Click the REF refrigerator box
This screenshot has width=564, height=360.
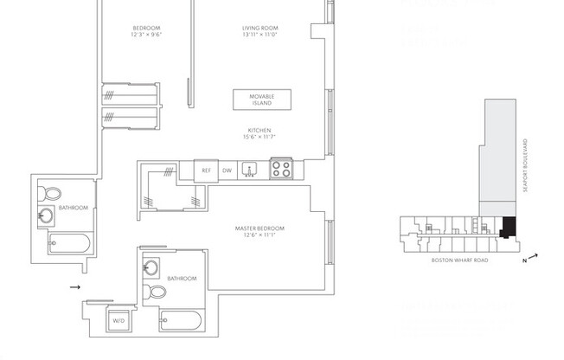206,170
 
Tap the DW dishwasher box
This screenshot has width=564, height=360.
228,170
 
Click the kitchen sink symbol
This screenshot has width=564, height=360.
250,170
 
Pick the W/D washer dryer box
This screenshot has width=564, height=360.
119,320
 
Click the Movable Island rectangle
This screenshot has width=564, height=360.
261,99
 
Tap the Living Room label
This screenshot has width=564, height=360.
260,33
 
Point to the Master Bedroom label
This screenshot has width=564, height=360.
260,232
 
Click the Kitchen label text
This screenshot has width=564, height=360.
260,134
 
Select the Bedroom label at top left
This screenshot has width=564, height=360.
146,33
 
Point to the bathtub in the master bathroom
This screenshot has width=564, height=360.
180,322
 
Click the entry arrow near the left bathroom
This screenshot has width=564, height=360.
74,286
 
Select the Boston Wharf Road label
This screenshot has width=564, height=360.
460,260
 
